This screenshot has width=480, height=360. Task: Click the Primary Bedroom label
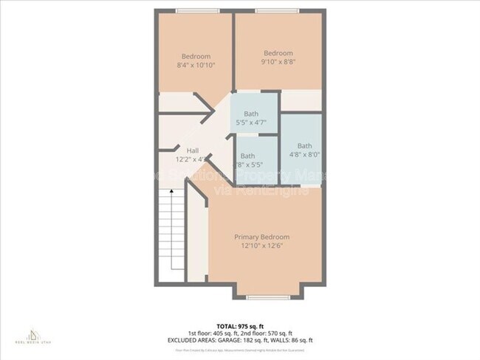pyautogui.click(x=261, y=237)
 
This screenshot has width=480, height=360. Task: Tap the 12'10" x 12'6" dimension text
pyautogui.click(x=261, y=246)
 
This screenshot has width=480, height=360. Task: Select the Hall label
pyautogui.click(x=192, y=150)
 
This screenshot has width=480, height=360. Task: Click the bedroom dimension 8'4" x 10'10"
pyautogui.click(x=196, y=66)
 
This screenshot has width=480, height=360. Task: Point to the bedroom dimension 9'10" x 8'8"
pyautogui.click(x=278, y=62)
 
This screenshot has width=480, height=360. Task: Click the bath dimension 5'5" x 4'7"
pyautogui.click(x=252, y=122)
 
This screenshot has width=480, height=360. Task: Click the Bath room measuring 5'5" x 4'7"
pyautogui.click(x=252, y=114)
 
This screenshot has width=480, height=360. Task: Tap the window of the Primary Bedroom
pyautogui.click(x=261, y=297)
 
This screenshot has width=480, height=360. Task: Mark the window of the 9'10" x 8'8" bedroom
pyautogui.click(x=278, y=10)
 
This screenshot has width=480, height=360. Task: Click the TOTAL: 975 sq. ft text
pyautogui.click(x=239, y=325)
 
